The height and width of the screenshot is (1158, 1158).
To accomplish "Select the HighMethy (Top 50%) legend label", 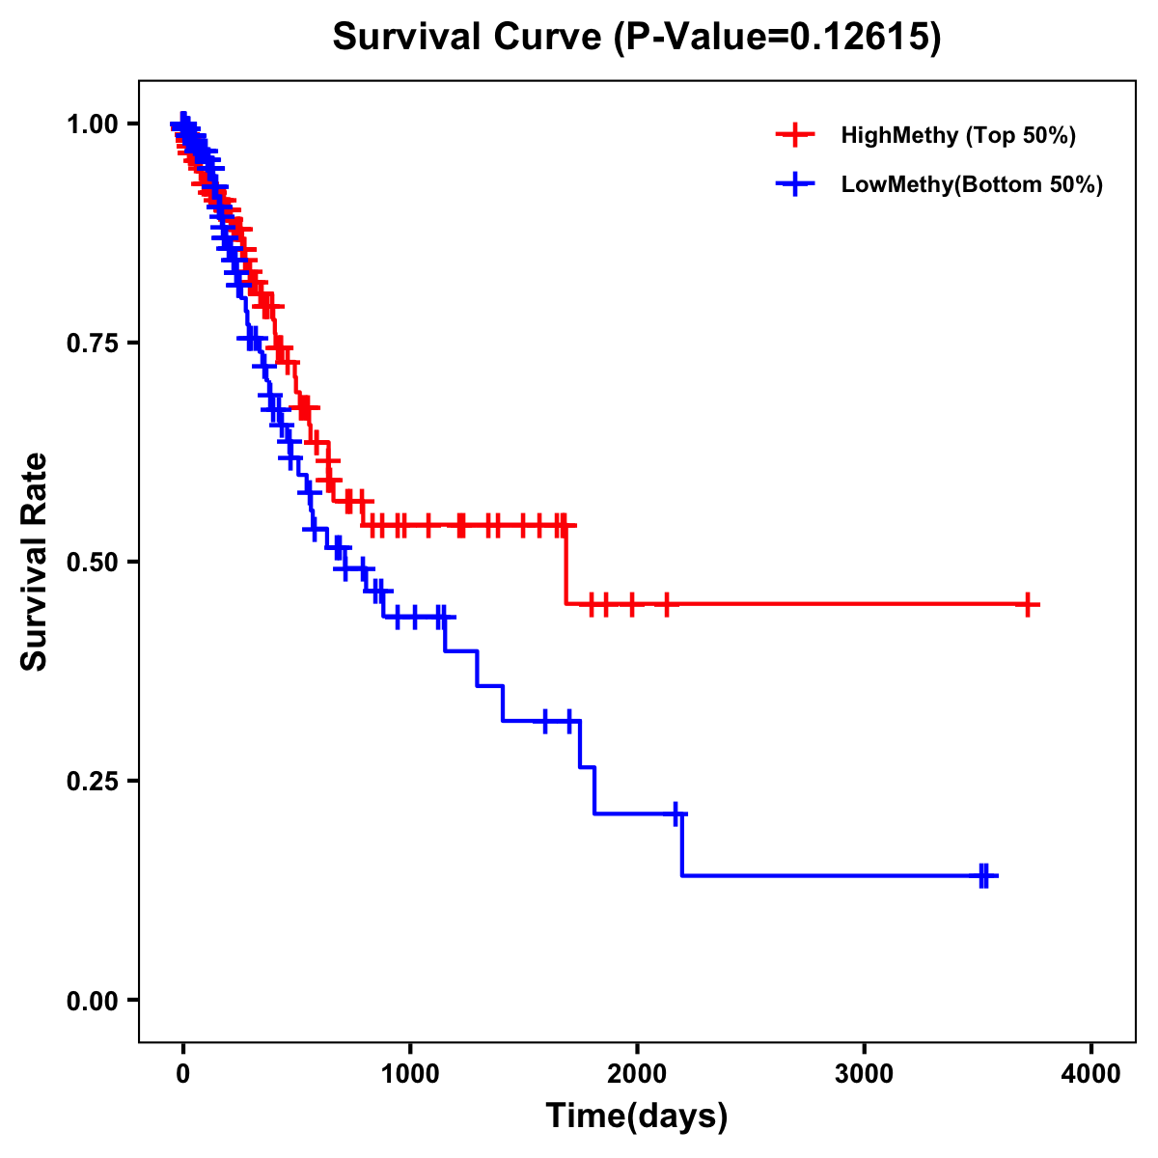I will (957, 135).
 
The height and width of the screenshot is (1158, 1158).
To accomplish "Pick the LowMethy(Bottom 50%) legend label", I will (972, 184).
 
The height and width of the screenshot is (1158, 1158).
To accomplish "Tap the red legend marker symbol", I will (795, 135).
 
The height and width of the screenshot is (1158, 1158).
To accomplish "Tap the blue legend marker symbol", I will (795, 184).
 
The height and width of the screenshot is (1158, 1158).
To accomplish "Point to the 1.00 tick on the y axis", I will (91, 124).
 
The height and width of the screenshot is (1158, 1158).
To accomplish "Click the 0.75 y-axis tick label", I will (91, 343).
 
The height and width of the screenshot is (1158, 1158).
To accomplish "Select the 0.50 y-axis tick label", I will (91, 562).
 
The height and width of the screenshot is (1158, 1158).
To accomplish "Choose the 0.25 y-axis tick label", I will (91, 781).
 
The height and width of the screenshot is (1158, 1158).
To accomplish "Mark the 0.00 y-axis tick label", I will (91, 1000).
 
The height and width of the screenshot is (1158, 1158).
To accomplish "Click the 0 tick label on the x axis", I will (183, 1073).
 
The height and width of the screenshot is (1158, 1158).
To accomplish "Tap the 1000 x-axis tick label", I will (410, 1073).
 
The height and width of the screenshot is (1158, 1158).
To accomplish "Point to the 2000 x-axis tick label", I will (637, 1073).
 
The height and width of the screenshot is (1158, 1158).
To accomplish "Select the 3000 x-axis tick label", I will (865, 1073).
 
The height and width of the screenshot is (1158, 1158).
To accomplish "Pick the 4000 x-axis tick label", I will (1091, 1073).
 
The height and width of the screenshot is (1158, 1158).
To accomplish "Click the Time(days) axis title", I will (637, 1116).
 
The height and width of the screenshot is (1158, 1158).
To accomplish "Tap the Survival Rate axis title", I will (35, 562).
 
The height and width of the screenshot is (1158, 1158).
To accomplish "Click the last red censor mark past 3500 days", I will (1029, 605).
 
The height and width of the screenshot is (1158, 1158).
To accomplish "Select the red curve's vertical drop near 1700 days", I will (565, 565).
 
